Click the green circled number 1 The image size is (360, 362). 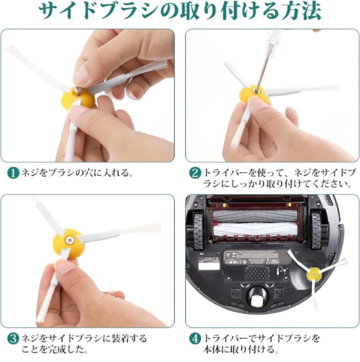pyautogui.click(x=13, y=173)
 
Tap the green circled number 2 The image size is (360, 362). pyautogui.click(x=195, y=173)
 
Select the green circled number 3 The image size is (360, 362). pyautogui.click(x=13, y=339)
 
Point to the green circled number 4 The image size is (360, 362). pyautogui.click(x=195, y=339)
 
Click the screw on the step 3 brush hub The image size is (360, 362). pyautogui.click(x=69, y=240)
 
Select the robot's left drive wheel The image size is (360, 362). pyautogui.click(x=198, y=231)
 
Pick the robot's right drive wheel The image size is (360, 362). pyautogui.click(x=317, y=231)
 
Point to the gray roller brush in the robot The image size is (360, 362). pyautogui.click(x=256, y=216)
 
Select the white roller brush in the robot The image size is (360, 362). pyautogui.click(x=256, y=229)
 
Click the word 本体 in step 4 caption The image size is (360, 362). pyautogui.click(x=212, y=350)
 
